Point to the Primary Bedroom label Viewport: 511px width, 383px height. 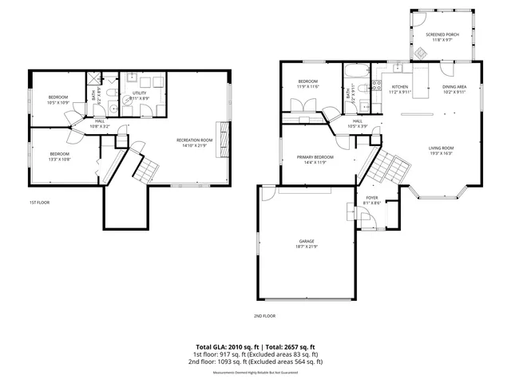(312, 157)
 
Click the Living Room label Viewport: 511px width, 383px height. (441, 148)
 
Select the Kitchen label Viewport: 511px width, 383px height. (399, 86)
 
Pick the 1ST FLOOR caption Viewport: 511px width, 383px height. (39, 203)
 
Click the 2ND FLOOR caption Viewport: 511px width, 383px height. (264, 317)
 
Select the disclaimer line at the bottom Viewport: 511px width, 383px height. (255, 373)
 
